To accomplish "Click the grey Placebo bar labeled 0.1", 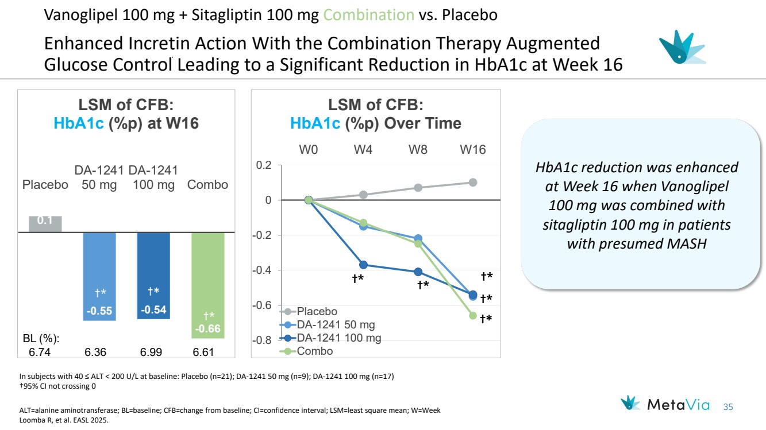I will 45,224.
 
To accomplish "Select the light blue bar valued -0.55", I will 99,276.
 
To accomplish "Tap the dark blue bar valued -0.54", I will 153,275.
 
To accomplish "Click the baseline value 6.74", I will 40,352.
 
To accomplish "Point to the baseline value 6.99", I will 153,352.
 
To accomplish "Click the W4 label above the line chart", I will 363,150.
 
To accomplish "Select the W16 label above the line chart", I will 472,150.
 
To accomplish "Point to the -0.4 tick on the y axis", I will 264,270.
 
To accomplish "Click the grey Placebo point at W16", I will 473,183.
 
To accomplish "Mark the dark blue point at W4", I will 363,265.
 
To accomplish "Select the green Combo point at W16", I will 473,315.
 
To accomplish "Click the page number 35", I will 728,406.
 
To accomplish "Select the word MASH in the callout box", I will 687,243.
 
